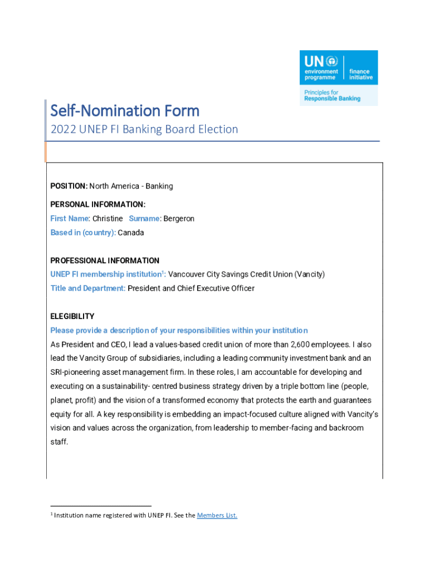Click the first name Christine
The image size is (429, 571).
[108, 219]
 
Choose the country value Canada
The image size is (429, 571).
[131, 233]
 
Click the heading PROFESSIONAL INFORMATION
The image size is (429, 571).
[105, 260]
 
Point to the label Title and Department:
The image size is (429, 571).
[88, 288]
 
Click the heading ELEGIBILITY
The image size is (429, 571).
[72, 316]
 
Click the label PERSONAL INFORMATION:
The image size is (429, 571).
[97, 205]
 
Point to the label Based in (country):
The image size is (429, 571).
[83, 233]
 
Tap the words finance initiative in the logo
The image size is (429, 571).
[360, 74]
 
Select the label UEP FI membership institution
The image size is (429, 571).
[107, 274]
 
